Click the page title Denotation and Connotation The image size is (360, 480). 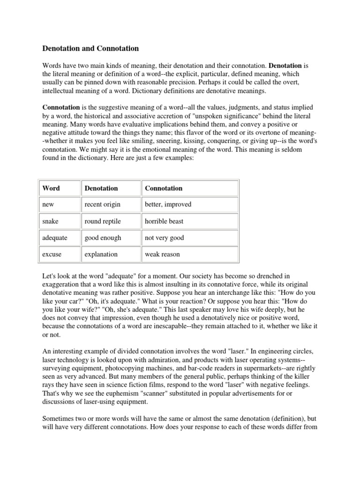pyautogui.click(x=90, y=48)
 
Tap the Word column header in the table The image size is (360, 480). pyautogui.click(x=51, y=188)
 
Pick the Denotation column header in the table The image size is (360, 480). pyautogui.click(x=101, y=188)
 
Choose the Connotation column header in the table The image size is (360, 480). pyautogui.click(x=164, y=188)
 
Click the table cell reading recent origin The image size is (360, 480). pyautogui.click(x=102, y=204)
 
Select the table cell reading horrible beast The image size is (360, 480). pyautogui.click(x=164, y=221)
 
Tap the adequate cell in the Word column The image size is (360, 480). pyautogui.click(x=55, y=238)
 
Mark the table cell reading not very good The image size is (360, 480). pyautogui.click(x=165, y=238)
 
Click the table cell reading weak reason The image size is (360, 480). pyautogui.click(x=162, y=255)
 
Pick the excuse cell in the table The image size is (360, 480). pyautogui.click(x=52, y=255)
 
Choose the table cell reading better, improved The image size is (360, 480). pyautogui.click(x=168, y=204)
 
